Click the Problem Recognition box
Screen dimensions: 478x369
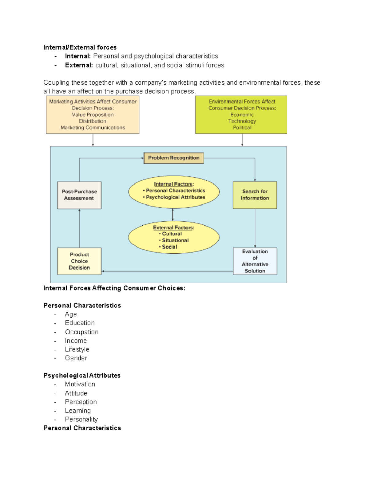click(x=174, y=158)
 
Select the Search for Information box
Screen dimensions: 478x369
click(x=255, y=195)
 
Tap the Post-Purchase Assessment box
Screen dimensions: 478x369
click(x=79, y=195)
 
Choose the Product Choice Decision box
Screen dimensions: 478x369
click(x=79, y=261)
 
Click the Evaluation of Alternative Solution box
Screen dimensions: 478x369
click(x=255, y=261)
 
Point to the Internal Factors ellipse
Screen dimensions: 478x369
click(x=174, y=191)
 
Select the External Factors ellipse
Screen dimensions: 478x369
click(x=174, y=237)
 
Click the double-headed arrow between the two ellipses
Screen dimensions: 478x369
click(x=173, y=215)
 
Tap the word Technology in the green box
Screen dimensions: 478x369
click(x=242, y=121)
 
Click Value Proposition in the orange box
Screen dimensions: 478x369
click(x=93, y=115)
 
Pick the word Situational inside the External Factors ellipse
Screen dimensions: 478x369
click(x=175, y=240)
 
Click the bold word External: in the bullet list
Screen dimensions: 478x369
click(x=79, y=65)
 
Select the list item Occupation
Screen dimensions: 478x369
click(x=82, y=332)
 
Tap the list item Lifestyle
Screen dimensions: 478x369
click(x=77, y=349)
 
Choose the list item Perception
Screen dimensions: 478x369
click(x=81, y=402)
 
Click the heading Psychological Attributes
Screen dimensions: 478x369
click(x=82, y=376)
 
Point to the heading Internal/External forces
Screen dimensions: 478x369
click(x=80, y=47)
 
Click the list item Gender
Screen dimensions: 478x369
click(x=76, y=358)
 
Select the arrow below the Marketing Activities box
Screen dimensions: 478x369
click(x=93, y=140)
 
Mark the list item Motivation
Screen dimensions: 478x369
click(x=80, y=384)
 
